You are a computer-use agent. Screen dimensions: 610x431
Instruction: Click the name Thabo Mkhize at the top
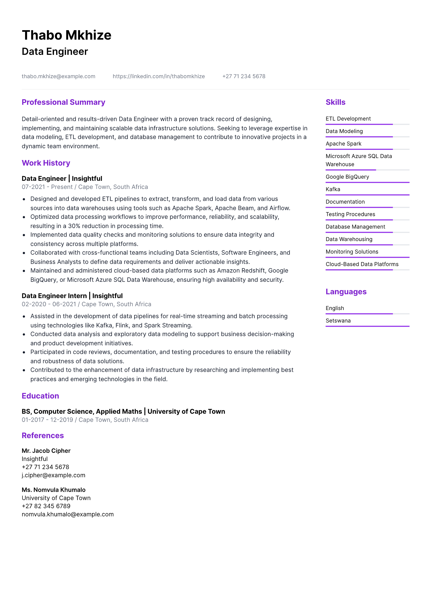tap(66, 35)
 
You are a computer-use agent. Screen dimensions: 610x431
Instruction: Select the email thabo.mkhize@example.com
tap(58, 76)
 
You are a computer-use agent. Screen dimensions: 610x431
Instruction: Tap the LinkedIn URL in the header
tap(158, 76)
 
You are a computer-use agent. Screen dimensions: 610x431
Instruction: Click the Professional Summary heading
tap(63, 102)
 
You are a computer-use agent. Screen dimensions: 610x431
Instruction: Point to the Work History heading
tap(46, 163)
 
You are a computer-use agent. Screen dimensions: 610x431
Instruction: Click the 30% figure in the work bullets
tap(74, 226)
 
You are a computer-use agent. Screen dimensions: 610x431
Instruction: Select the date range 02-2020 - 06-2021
tap(49, 304)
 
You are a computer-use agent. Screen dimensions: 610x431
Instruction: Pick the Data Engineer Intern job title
tap(54, 296)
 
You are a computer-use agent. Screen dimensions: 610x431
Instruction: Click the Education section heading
tap(40, 396)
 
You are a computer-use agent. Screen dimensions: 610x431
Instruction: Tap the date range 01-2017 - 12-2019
tap(47, 420)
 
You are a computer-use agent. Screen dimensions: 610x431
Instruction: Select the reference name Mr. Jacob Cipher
tap(46, 451)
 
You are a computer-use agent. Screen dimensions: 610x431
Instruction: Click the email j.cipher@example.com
tap(53, 475)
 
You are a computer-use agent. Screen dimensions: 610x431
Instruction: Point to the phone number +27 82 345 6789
tap(46, 506)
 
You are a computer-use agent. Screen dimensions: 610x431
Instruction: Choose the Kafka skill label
tap(333, 189)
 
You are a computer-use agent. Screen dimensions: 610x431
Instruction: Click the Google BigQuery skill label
tap(347, 177)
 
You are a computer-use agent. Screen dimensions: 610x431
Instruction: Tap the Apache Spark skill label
tap(343, 144)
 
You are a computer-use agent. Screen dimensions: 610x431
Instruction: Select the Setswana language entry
tap(338, 321)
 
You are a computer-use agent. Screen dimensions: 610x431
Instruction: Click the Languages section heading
tap(346, 292)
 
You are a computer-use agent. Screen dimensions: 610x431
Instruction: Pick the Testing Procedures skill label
tap(350, 214)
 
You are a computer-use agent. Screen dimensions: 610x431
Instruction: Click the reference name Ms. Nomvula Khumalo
tap(53, 490)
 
